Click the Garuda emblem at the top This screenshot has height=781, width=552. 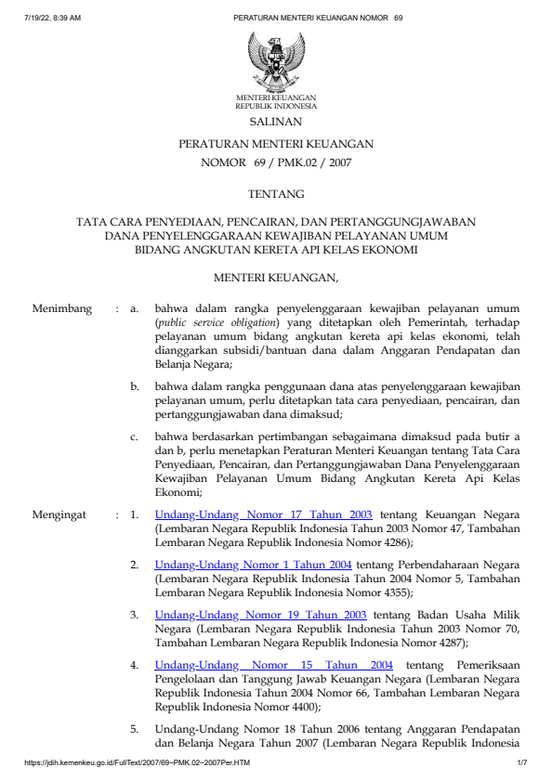pyautogui.click(x=275, y=60)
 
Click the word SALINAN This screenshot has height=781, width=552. pyautogui.click(x=275, y=122)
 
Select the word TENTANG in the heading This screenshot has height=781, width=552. pyautogui.click(x=276, y=194)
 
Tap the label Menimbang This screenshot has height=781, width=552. pyautogui.click(x=62, y=308)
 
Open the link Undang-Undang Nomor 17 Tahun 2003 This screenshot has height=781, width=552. pyautogui.click(x=264, y=513)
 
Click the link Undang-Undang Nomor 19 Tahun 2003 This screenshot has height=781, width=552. pyautogui.click(x=261, y=615)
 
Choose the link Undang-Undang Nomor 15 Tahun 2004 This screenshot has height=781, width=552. pyautogui.click(x=274, y=665)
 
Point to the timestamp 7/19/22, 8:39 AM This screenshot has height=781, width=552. pyautogui.click(x=55, y=18)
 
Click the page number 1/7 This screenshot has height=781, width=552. pyautogui.click(x=521, y=761)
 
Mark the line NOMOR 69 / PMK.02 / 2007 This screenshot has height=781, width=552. pyautogui.click(x=276, y=163)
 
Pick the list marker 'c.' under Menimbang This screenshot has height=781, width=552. pyautogui.click(x=135, y=436)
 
